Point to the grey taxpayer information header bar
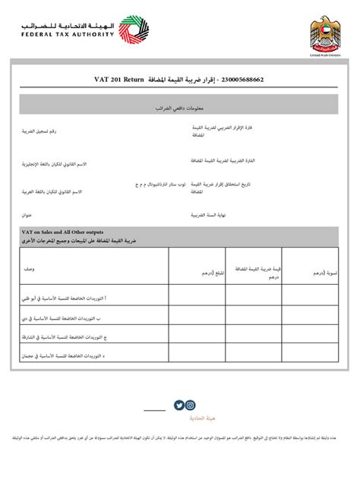click(180, 105)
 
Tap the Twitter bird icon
click(179, 406)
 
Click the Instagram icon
click(191, 406)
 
